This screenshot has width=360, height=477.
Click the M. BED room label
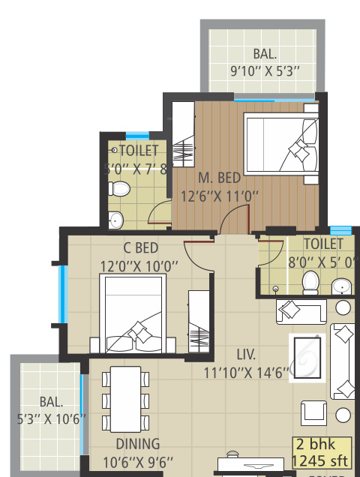point(219,178)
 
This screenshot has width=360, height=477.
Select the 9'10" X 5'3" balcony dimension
point(265,72)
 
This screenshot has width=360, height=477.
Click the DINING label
point(137,443)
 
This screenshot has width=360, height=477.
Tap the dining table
point(125,398)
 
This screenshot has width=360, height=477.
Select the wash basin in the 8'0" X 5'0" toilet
point(341,286)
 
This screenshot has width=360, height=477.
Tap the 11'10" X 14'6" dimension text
point(245,373)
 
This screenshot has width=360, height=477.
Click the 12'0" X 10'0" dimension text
point(139,265)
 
